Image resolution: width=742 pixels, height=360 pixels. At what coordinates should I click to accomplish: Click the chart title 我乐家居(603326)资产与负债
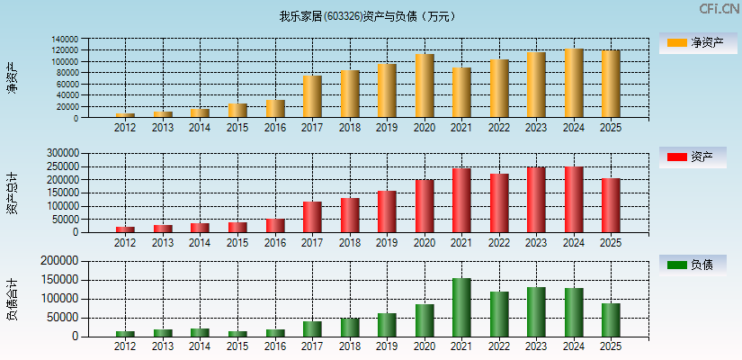point(368,16)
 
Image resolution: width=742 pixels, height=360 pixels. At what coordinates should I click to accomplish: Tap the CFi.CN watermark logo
point(719,9)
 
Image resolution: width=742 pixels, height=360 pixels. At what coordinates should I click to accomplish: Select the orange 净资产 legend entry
point(692,42)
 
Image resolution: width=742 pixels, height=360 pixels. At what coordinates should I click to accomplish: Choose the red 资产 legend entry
point(692,157)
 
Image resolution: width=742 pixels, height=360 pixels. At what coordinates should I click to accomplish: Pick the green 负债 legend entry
point(692,265)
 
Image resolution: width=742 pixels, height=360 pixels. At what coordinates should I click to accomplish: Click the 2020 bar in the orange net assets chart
point(425,86)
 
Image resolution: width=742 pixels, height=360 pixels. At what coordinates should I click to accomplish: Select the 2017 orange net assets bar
point(312,96)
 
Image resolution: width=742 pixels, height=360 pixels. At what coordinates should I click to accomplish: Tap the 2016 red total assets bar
point(275,225)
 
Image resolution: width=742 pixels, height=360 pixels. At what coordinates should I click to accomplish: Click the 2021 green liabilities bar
point(461,308)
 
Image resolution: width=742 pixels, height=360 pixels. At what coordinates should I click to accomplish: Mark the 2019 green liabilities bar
point(387,325)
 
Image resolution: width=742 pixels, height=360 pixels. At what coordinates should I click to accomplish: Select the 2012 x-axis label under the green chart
point(125,346)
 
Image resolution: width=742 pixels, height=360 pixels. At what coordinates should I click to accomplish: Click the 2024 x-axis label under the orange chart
point(573,127)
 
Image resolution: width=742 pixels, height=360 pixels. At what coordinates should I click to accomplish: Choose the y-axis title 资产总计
point(12,193)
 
